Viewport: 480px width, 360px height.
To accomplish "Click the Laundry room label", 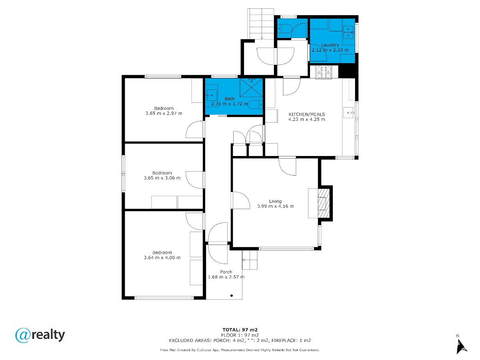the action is pyautogui.click(x=330, y=45).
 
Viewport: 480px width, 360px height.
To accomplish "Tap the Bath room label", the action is pyautogui.click(x=230, y=98).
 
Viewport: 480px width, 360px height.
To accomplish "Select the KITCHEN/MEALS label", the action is pyautogui.click(x=306, y=114).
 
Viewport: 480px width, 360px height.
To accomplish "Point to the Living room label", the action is pyautogui.click(x=275, y=201).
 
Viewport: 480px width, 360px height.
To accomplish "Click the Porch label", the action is pyautogui.click(x=226, y=272).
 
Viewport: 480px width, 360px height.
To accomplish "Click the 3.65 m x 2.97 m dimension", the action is pyautogui.click(x=164, y=113).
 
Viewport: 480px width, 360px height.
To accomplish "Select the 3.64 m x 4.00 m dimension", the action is pyautogui.click(x=162, y=258).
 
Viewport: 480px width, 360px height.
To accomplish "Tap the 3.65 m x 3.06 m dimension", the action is pyautogui.click(x=162, y=178).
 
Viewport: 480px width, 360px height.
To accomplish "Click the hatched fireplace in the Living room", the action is pyautogui.click(x=324, y=203).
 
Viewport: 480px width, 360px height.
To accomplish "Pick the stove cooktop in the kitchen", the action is pyautogui.click(x=324, y=72).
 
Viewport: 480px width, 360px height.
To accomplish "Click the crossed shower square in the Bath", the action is pyautogui.click(x=251, y=88).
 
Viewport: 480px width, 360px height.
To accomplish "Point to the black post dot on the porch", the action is pyautogui.click(x=231, y=296).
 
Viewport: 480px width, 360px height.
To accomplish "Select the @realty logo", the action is pyautogui.click(x=40, y=335).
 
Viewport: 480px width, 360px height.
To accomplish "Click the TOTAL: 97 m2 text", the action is pyautogui.click(x=240, y=330).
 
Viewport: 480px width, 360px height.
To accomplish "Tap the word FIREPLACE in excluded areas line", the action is pyautogui.click(x=283, y=340).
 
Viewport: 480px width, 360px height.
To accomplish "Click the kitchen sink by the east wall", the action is pyautogui.click(x=348, y=112).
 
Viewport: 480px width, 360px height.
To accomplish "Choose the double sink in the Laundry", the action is pyautogui.click(x=348, y=32).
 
